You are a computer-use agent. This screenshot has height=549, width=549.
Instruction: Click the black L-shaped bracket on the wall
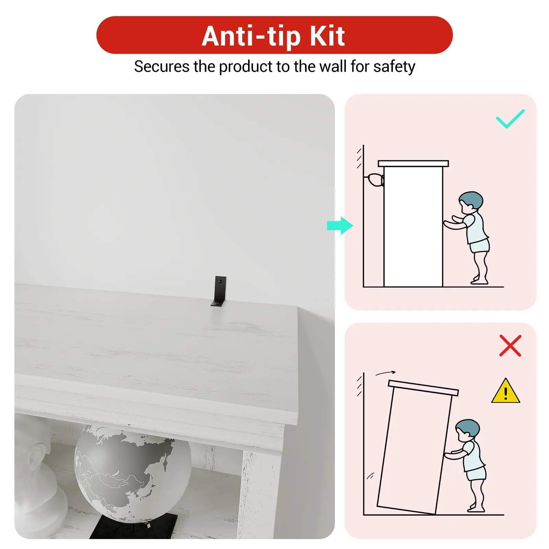[218, 291]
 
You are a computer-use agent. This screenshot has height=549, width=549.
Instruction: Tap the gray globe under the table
[132, 474]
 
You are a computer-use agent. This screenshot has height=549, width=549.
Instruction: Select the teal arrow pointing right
[340, 225]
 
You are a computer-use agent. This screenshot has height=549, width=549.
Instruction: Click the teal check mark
[510, 119]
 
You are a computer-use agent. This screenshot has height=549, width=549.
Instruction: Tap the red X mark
[510, 346]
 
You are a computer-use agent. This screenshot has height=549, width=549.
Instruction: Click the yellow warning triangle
[505, 391]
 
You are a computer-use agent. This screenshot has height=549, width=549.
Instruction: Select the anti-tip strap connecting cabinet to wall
[375, 180]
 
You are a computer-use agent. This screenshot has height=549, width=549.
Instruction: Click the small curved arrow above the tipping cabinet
[385, 373]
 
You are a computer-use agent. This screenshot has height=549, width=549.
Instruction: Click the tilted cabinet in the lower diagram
[418, 447]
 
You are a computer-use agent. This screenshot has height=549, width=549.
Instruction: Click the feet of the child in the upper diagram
[479, 281]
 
